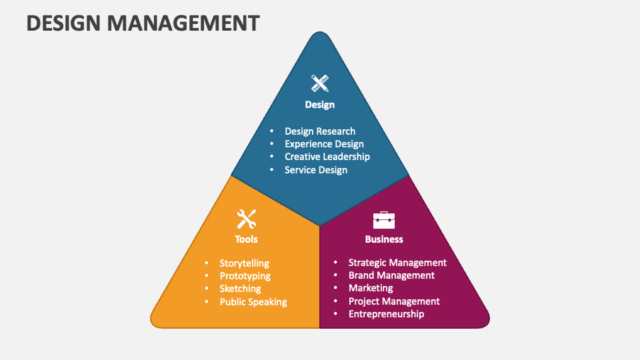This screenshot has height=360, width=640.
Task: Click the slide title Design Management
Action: point(143,23)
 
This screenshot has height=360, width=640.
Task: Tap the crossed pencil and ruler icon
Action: point(320,83)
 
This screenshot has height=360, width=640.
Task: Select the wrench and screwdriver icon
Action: point(247,219)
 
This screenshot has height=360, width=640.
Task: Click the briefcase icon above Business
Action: point(383,219)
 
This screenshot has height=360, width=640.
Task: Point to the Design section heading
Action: point(320,105)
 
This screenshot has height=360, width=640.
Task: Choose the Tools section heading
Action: point(247,239)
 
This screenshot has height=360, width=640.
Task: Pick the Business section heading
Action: point(384,239)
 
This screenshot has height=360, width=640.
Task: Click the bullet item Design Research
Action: point(320,131)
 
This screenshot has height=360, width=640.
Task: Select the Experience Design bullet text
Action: point(324,144)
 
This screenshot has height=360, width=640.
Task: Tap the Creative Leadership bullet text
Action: point(327,157)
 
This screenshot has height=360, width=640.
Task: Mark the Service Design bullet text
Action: point(316,169)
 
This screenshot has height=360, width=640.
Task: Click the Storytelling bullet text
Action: point(245,263)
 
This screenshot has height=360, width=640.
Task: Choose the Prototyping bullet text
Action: point(245,276)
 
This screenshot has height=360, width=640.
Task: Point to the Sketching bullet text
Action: point(241,289)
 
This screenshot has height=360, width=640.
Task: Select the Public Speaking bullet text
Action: point(253,301)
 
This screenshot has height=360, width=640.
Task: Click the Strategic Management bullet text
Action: point(397,263)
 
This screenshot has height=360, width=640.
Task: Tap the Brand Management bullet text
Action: point(391,275)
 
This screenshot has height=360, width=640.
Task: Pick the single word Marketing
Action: point(371,288)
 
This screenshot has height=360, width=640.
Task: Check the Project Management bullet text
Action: point(394,301)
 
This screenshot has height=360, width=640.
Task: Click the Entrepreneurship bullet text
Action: point(386,313)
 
